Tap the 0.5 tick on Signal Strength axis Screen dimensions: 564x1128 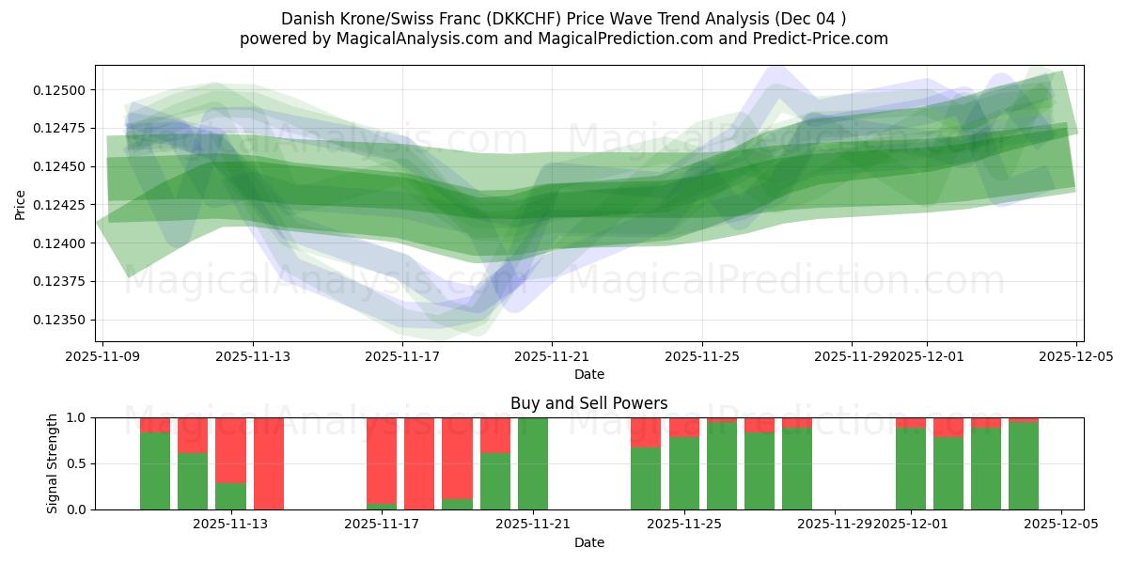(x=75, y=463)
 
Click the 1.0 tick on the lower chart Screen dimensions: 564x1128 (x=75, y=417)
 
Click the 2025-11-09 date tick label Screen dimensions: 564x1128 (x=102, y=356)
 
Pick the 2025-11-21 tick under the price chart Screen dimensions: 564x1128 (x=552, y=356)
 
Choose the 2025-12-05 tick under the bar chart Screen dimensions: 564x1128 (x=1061, y=525)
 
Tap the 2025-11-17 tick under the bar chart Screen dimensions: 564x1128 (x=382, y=525)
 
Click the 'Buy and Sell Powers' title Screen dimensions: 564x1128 (x=588, y=403)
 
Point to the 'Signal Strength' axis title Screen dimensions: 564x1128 (x=53, y=463)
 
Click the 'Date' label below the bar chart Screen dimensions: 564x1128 (x=588, y=542)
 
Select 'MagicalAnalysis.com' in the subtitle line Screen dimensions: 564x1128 (x=409, y=39)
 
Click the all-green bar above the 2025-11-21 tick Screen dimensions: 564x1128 (x=533, y=463)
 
